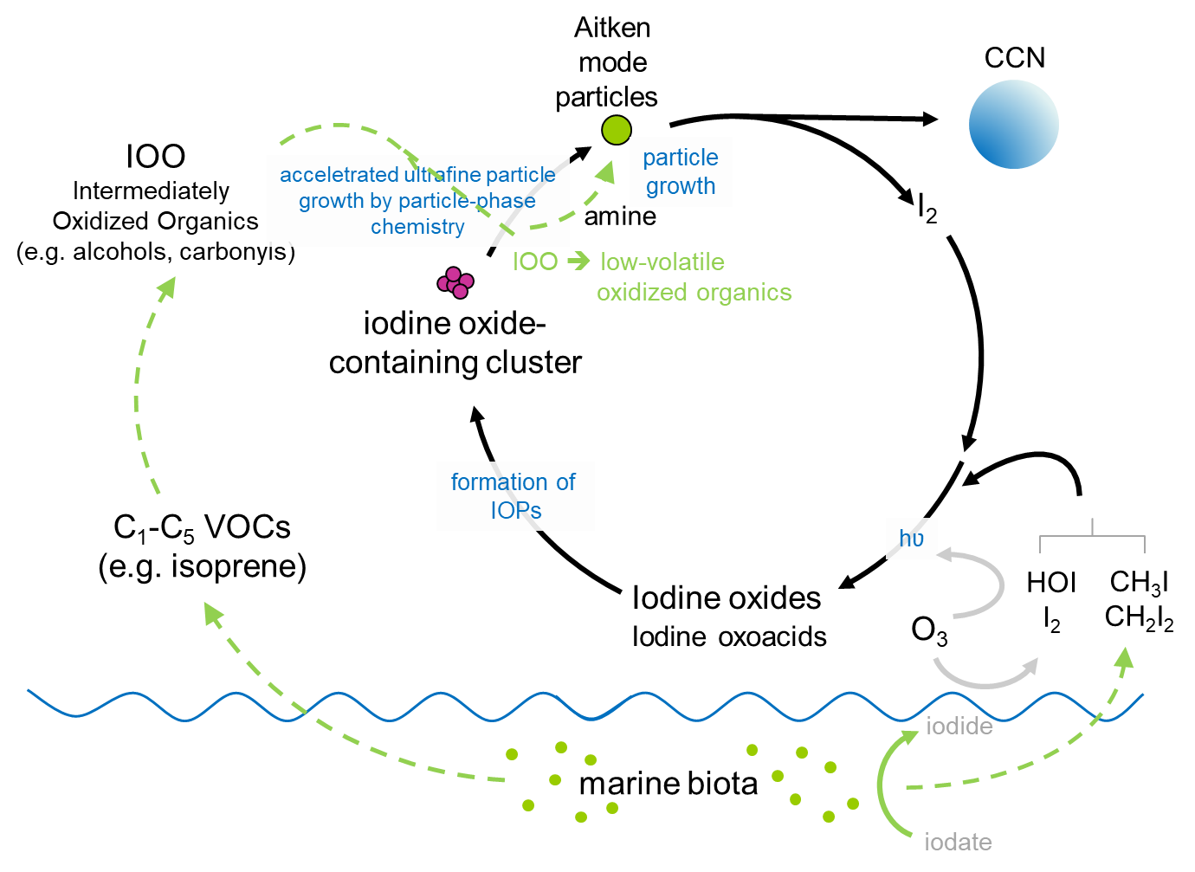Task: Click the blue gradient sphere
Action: (x=1013, y=124)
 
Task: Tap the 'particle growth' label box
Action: (x=681, y=171)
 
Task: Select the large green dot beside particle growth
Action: (x=617, y=130)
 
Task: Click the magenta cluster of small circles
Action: (x=455, y=282)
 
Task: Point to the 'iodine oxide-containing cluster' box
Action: (x=455, y=342)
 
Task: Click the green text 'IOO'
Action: (x=535, y=262)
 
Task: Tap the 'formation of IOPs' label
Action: (x=515, y=496)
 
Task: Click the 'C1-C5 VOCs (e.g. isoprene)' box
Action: (x=203, y=546)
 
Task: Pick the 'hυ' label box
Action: (x=911, y=539)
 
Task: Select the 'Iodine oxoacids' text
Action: (x=730, y=637)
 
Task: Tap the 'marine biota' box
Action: (x=669, y=784)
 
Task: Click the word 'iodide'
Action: (x=959, y=727)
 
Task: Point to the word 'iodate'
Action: (x=958, y=842)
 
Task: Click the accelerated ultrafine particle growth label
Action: (x=417, y=201)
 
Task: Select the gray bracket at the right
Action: (x=1092, y=538)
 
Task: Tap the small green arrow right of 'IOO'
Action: (x=578, y=261)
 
